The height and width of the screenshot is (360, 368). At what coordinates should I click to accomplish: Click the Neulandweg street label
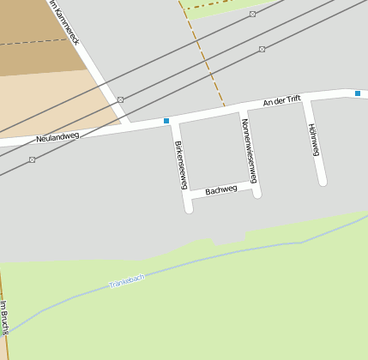pos(57,136)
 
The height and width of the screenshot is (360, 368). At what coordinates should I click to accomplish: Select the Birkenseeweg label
pos(181,165)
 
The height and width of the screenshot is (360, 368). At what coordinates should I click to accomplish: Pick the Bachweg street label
pos(221,189)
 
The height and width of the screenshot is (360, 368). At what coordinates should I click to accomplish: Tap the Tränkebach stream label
pos(127,279)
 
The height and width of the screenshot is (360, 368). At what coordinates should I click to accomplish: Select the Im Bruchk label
pos(4,317)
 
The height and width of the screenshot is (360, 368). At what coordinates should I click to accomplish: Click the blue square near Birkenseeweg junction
pos(166,121)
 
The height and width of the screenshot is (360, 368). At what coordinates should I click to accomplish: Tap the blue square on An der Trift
pos(358,93)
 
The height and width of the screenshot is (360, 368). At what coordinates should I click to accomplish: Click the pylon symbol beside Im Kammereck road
pos(121,99)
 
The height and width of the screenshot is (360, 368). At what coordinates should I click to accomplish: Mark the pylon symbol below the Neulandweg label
pos(32,159)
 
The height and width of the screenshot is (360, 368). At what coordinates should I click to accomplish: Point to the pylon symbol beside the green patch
pos(252,15)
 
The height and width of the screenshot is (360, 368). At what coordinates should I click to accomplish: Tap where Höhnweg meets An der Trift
pos(309,99)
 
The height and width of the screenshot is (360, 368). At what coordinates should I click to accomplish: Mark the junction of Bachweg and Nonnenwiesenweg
pos(255,184)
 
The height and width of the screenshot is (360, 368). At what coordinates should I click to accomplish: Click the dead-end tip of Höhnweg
pos(323,181)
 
